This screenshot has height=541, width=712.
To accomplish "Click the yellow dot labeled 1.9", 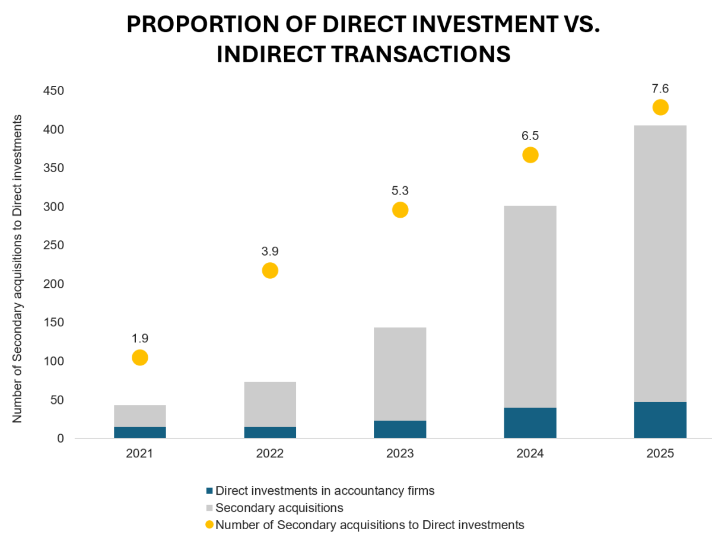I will [139, 357].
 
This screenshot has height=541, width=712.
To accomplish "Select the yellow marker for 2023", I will [400, 209].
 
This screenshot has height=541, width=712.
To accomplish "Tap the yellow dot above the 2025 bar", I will [660, 107].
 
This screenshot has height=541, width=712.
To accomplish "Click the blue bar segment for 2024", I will [530, 423].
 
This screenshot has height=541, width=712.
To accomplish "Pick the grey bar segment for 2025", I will [660, 263].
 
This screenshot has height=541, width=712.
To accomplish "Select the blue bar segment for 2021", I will [139, 432].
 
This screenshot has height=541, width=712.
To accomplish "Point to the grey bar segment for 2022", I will [270, 404].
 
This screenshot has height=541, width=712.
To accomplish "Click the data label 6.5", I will [530, 136].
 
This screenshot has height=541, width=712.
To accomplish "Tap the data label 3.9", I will [270, 251].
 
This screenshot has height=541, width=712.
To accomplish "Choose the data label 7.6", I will [660, 88].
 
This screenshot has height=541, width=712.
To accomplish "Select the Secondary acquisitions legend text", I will [279, 508].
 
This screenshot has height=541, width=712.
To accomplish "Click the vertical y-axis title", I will [17, 268].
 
